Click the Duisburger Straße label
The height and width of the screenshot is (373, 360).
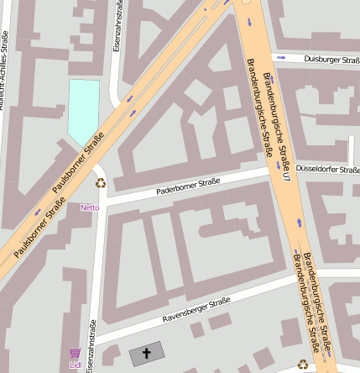[x=331, y=60]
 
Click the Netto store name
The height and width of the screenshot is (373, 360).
[x=90, y=207]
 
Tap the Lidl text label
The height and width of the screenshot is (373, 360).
[x=76, y=365]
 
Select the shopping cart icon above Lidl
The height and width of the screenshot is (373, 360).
[x=76, y=354]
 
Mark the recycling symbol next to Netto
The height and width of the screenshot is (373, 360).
[x=101, y=183]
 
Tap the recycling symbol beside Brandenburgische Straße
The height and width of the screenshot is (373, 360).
[x=303, y=364]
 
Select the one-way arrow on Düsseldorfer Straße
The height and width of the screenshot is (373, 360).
[x=351, y=159]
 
